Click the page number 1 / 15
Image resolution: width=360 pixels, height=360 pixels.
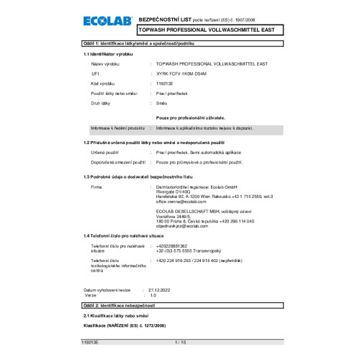click(x=180, y=343)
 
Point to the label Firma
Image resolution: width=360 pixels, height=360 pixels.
click(x=96, y=186)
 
